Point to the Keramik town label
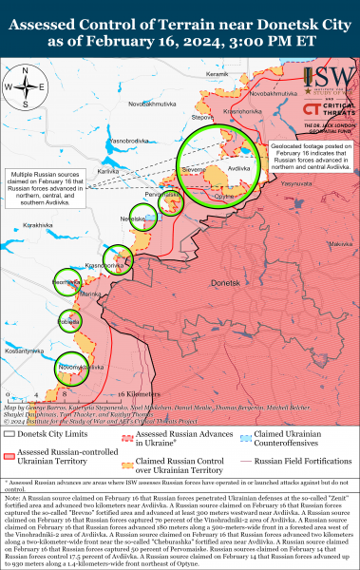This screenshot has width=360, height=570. [x=218, y=74]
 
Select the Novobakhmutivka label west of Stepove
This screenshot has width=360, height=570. [x=153, y=104]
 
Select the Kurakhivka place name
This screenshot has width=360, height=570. [x=40, y=224]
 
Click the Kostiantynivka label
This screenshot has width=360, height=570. [x=23, y=351]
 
